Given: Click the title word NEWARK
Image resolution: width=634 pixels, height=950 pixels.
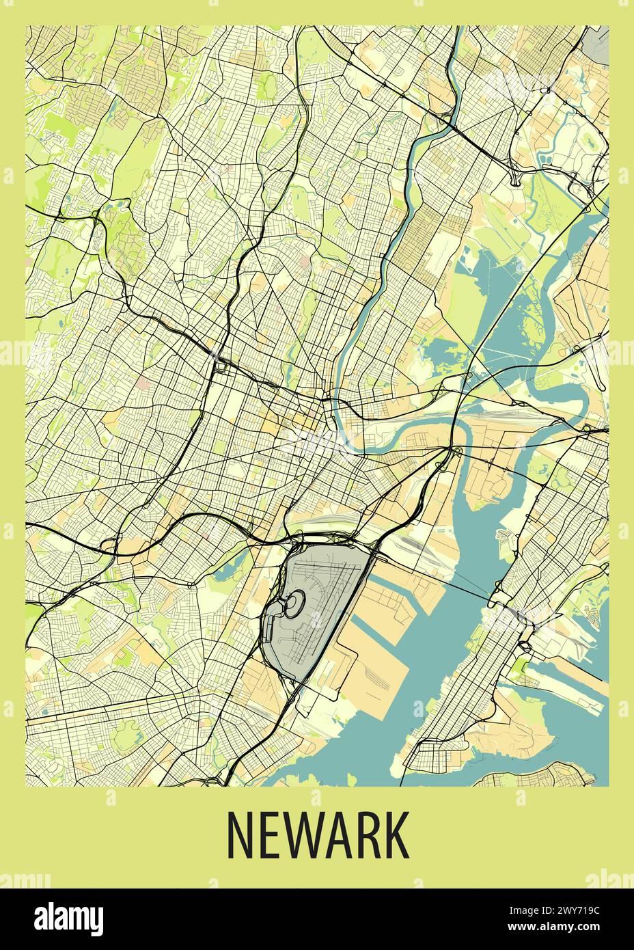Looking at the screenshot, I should coord(317,835).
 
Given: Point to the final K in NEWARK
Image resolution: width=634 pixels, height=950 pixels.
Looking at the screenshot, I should coord(396,835).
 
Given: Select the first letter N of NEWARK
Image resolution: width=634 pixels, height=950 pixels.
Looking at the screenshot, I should coord(240,835).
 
